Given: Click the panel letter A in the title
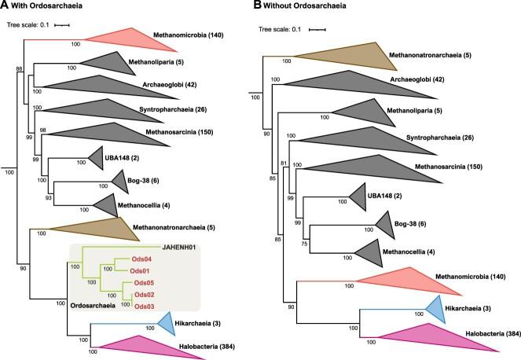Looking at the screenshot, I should pyautogui.click(x=6, y=8).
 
